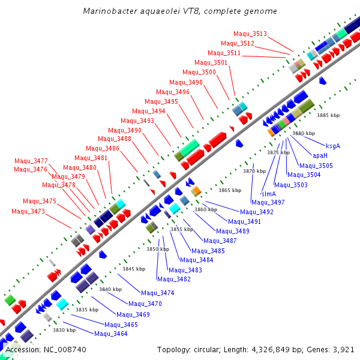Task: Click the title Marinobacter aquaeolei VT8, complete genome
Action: [180, 11]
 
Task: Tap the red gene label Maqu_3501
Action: [211, 62]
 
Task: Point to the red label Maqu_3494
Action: [149, 111]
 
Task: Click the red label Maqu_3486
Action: [103, 148]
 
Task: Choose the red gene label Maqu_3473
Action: [28, 211]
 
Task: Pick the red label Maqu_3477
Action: [31, 161]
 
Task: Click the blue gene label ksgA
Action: [333, 146]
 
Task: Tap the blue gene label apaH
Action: [320, 155]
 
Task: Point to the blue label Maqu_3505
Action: [316, 166]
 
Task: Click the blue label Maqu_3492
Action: [256, 212]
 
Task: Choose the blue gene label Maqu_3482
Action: [174, 279]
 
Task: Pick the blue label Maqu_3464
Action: [111, 334]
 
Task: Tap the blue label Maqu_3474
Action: [157, 293]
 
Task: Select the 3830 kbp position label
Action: [64, 330]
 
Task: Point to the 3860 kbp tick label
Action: [206, 209]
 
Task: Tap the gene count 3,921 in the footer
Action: [343, 349]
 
